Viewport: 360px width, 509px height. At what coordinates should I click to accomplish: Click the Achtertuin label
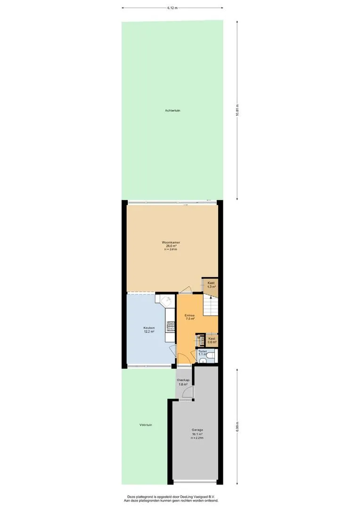point(172,111)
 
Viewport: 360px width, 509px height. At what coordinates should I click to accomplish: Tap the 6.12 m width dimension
point(172,8)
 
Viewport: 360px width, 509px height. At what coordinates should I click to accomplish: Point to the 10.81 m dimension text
point(237,110)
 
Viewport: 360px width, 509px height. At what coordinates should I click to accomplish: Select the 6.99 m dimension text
point(237,426)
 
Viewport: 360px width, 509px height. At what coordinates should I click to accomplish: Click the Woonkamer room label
point(171,243)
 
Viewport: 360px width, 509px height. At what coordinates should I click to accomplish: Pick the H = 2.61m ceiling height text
point(171,250)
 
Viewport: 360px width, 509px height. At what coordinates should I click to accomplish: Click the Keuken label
point(149,328)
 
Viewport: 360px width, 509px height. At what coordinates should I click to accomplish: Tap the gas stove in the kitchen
point(171,326)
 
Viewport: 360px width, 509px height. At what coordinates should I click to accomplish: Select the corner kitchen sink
point(167,301)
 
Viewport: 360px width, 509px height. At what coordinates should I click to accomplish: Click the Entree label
point(189,315)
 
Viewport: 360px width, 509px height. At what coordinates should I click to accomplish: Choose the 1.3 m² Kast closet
point(210,285)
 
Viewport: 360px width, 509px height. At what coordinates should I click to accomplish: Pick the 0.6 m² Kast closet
point(212,340)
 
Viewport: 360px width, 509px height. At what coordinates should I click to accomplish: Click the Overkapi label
point(183,380)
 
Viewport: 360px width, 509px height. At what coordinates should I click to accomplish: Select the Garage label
point(197,430)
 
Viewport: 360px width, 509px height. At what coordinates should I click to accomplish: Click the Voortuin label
point(146,425)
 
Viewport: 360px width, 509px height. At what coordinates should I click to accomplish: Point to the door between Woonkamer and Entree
point(185,290)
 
